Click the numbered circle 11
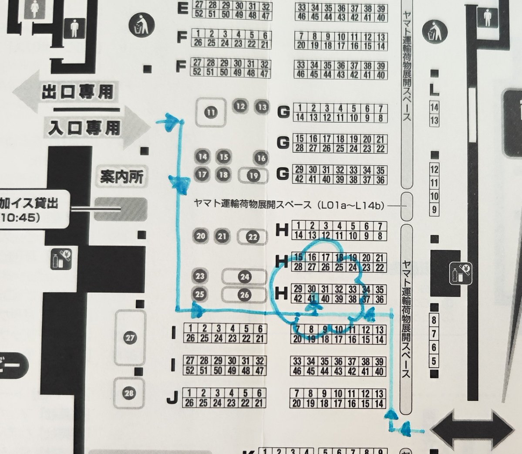[211, 113]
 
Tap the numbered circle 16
[261, 158]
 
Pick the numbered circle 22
[253, 237]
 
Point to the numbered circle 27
[130, 337]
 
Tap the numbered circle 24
[245, 277]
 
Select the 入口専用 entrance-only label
[84, 128]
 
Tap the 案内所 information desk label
[121, 177]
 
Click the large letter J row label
[172, 397]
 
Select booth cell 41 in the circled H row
[311, 299]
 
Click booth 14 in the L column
[434, 107]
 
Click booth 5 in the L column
[434, 361]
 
